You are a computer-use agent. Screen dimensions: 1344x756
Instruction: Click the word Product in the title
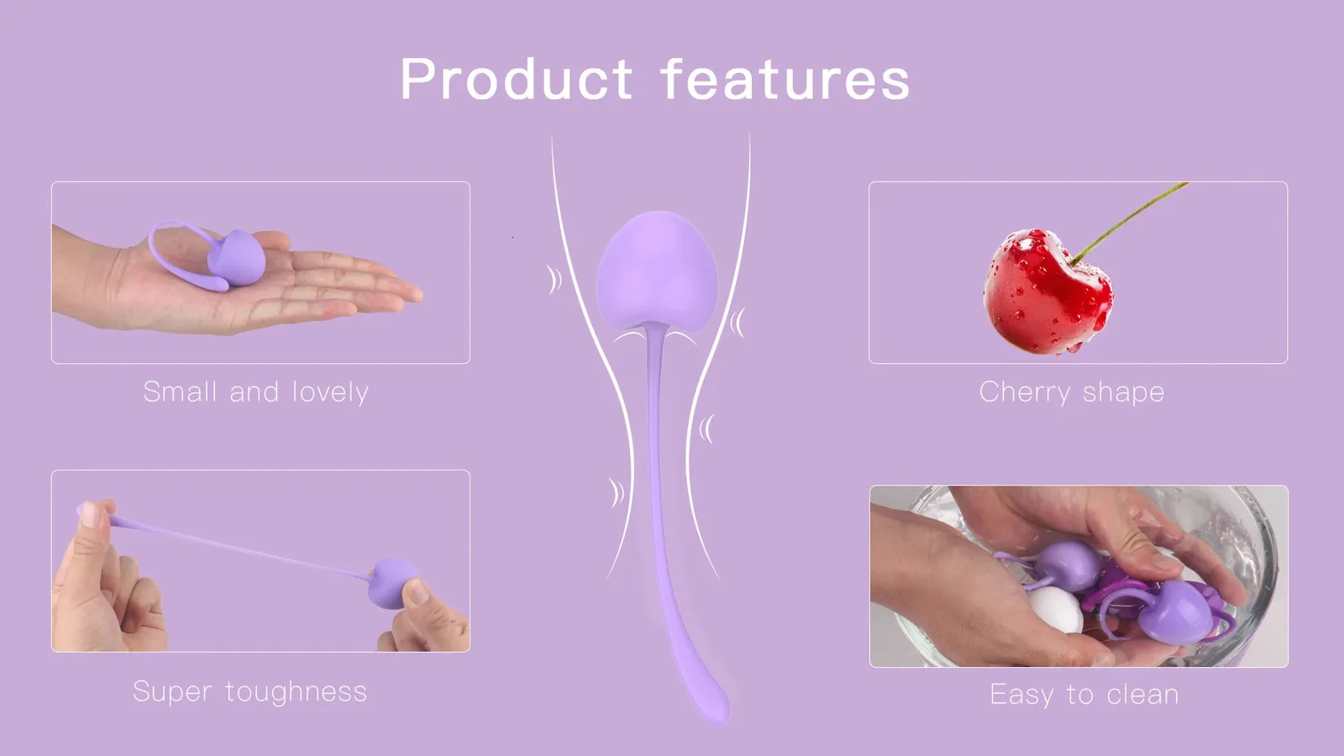[516, 79]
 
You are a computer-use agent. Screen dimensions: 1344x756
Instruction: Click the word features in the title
[785, 78]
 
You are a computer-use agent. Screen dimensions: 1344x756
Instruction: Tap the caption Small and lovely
[255, 392]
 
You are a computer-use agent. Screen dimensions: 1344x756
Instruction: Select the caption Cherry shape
[1072, 392]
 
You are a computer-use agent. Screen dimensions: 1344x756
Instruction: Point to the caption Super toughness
[249, 691]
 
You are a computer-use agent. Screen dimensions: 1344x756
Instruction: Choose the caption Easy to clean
[1084, 695]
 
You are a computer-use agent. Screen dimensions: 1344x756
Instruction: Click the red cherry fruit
[1047, 291]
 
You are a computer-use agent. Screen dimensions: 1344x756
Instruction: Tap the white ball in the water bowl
[1055, 609]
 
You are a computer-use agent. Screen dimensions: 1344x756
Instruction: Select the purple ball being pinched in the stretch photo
[394, 583]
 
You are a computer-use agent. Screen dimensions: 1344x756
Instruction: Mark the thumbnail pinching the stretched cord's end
[90, 515]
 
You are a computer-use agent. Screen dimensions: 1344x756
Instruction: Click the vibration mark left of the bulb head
[554, 280]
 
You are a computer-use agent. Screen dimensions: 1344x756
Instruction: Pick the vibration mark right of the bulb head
[738, 323]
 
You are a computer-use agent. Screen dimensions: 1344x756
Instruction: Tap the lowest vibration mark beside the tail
[617, 493]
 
